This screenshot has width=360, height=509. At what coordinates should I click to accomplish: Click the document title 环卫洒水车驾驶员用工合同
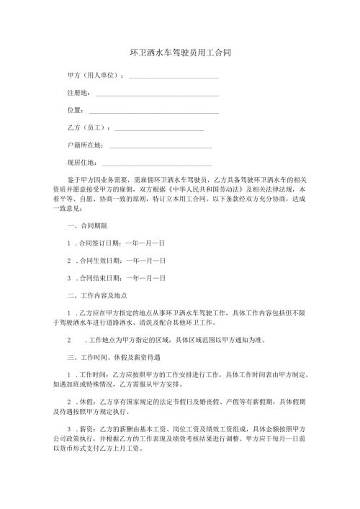(x=180, y=53)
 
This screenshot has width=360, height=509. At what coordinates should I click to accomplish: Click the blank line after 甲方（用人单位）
(x=174, y=77)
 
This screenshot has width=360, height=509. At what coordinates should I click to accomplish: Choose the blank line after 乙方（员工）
(x=159, y=130)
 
